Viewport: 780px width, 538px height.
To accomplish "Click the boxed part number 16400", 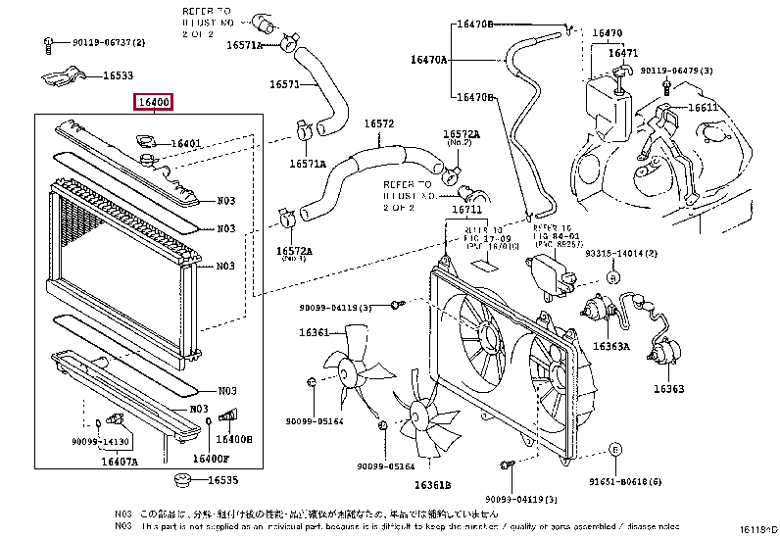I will (x=154, y=102).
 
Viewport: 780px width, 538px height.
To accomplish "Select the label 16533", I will (x=119, y=74).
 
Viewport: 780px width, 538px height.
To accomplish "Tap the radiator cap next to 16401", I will (x=148, y=144).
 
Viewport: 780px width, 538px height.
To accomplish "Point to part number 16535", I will (x=222, y=480).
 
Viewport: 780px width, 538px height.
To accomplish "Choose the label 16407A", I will (x=119, y=461).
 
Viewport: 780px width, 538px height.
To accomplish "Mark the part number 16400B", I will (x=236, y=440).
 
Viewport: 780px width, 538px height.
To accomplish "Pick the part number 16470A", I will (x=428, y=60).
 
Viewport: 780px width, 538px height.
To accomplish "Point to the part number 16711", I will (x=466, y=210).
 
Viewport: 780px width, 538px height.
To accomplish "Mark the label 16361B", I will (x=431, y=485).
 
